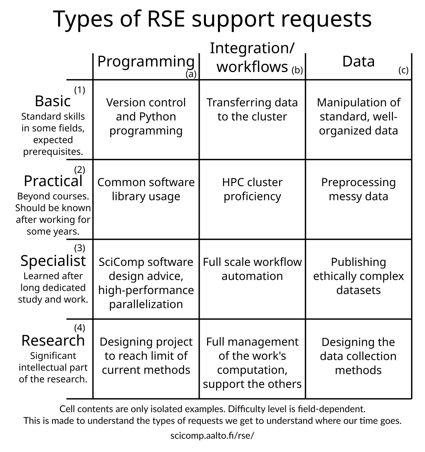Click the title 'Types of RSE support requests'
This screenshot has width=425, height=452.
212,19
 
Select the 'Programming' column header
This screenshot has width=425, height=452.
146,62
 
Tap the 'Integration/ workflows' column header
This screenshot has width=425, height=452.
252,58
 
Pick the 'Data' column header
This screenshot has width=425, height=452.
358,62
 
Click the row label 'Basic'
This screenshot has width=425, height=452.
53,101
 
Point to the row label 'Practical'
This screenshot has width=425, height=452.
53,181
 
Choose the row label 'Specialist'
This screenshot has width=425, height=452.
53,261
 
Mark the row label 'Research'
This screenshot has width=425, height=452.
53,341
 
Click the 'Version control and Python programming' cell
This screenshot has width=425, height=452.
146,116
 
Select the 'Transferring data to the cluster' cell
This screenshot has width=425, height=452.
252,109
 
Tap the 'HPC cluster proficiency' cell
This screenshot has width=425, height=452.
252,189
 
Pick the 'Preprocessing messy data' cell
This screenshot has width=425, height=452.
358,189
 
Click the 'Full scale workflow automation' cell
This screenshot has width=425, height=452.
252,269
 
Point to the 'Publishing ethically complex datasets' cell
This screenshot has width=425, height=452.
358,276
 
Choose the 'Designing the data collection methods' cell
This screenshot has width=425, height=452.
358,356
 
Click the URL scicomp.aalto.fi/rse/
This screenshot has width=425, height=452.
212,435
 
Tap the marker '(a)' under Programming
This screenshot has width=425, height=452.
191,74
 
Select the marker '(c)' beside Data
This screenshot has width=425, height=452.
403,70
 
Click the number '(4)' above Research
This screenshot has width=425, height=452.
79,328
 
